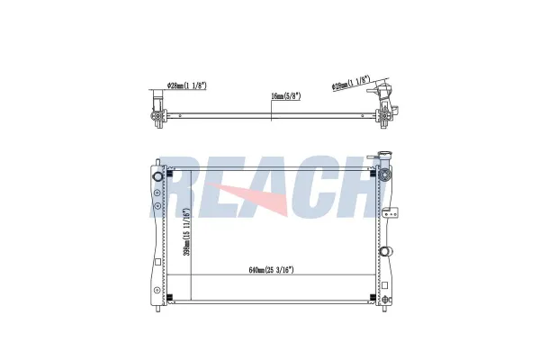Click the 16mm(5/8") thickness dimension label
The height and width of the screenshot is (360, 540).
click(286, 96)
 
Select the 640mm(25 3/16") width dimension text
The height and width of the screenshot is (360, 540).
click(272, 270)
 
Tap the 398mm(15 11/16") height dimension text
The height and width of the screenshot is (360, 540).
click(186, 231)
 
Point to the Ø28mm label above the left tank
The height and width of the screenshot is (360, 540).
click(186, 85)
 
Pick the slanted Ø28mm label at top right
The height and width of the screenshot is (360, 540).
click(351, 83)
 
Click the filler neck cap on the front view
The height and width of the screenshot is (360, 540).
click(383, 155)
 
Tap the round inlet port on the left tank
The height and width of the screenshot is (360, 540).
click(158, 176)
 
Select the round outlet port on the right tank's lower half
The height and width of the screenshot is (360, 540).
click(386, 251)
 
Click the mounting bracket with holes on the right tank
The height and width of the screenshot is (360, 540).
click(391, 212)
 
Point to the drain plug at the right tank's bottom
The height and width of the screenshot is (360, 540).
click(387, 300)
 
